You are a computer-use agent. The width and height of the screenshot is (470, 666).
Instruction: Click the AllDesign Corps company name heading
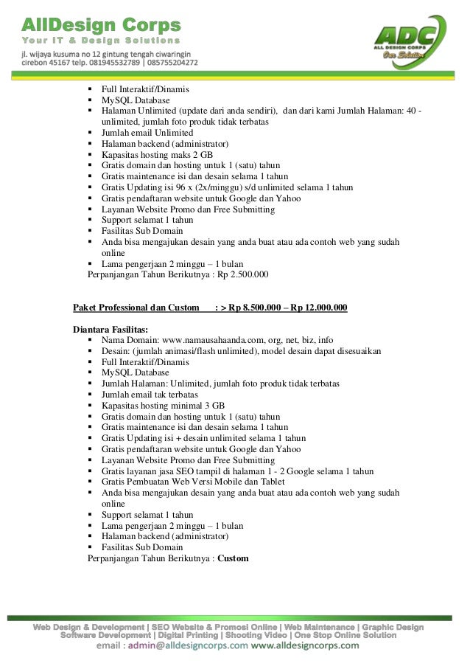pyautogui.click(x=102, y=26)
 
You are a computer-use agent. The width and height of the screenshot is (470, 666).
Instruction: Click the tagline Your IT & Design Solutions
pyautogui.click(x=101, y=40)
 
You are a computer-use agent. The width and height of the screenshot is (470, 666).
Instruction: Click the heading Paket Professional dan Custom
pyautogui.click(x=136, y=308)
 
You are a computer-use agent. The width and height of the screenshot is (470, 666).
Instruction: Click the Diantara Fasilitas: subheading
pyautogui.click(x=111, y=329)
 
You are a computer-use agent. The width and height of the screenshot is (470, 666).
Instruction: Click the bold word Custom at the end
pyautogui.click(x=234, y=558)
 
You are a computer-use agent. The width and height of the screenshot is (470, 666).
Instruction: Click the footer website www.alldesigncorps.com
pyautogui.click(x=305, y=645)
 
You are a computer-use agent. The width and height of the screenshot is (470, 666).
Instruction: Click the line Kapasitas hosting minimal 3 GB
pyautogui.click(x=164, y=406)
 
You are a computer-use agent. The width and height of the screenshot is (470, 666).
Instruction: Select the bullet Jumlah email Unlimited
pyautogui.click(x=147, y=133)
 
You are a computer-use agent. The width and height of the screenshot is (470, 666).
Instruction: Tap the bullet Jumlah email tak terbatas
pyautogui.click(x=150, y=395)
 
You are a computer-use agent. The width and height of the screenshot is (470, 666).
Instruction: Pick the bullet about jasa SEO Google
pyautogui.click(x=237, y=471)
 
